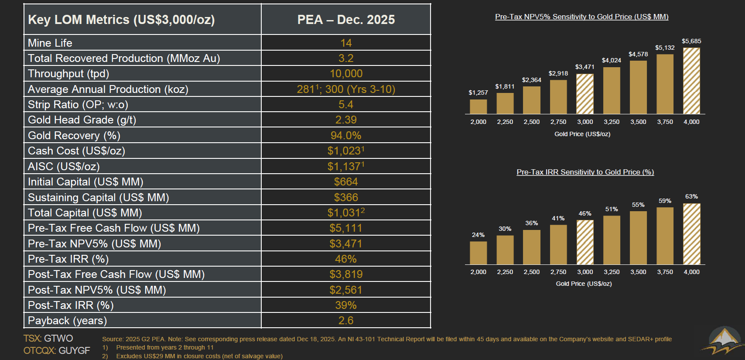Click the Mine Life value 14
346,43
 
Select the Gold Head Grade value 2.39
346,120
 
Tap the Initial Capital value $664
346,182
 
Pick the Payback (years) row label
68,321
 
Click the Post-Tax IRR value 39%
346,305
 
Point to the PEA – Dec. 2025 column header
346,20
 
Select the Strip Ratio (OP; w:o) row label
78,105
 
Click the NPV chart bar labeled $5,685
691,81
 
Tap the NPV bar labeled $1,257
478,106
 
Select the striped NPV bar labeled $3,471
584,94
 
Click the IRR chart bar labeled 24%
478,253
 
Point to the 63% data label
691,196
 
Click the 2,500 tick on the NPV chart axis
531,122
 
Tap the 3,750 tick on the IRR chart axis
665,272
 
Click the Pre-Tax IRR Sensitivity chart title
585,172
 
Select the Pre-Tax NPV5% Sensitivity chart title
581,17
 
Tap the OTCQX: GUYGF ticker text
57,350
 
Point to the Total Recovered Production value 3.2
346,58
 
